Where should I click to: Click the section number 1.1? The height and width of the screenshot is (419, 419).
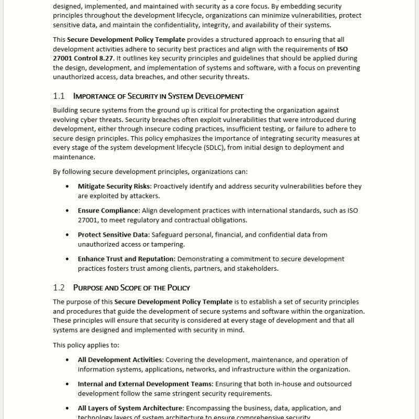point(59,96)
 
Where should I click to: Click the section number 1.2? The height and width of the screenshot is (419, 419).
point(59,288)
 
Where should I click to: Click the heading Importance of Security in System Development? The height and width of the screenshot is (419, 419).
point(158,96)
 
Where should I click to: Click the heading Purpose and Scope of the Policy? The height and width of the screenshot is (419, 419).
point(131,288)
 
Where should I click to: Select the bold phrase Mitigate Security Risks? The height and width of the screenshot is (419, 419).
point(114,186)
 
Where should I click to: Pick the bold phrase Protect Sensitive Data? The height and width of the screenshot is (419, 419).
point(113,235)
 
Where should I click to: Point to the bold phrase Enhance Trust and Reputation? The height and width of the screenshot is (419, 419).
point(126,259)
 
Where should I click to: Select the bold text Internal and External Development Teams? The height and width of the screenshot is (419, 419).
point(145,384)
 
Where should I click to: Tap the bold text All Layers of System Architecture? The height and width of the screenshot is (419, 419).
point(130,408)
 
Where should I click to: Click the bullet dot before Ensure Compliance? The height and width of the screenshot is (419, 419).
point(67,211)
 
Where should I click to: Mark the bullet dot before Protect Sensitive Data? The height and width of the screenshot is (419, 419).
point(67,235)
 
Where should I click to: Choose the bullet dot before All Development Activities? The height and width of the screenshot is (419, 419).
point(67,360)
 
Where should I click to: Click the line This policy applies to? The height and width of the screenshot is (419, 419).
point(86,345)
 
